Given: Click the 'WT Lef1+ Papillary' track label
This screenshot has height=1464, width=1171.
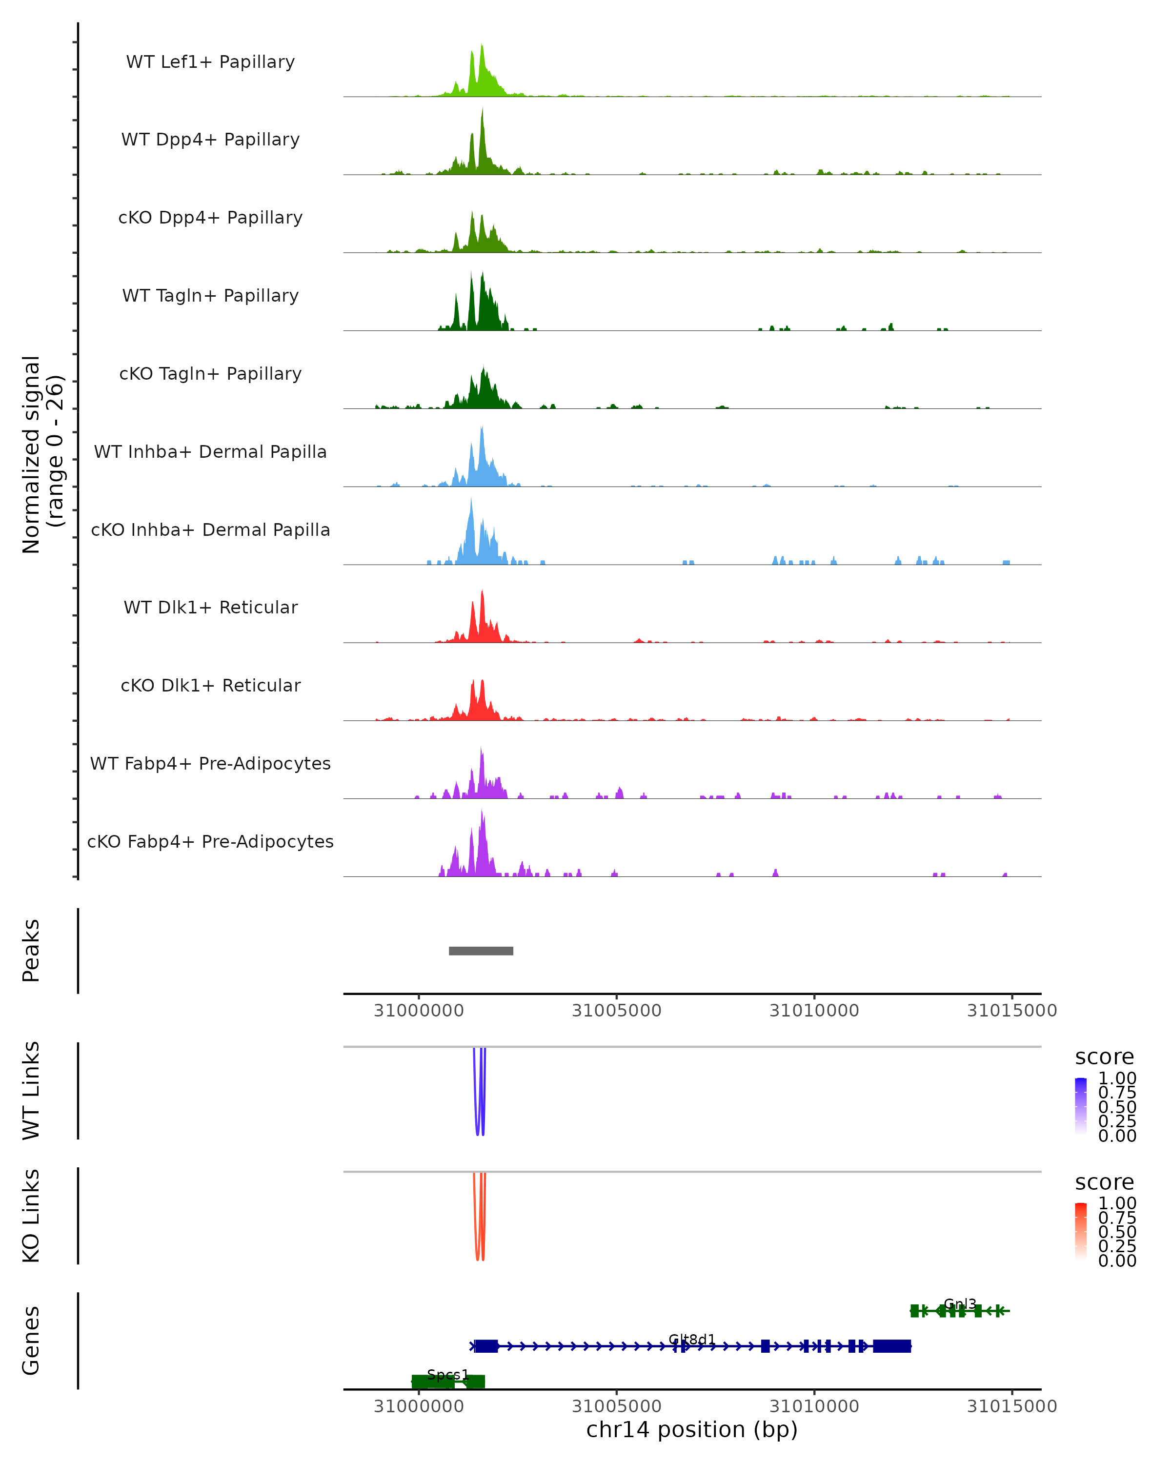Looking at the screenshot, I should pyautogui.click(x=210, y=62).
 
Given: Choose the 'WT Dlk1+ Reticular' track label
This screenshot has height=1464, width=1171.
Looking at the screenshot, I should pyautogui.click(x=210, y=607).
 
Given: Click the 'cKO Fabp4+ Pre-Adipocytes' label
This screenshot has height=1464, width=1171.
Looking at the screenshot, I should pyautogui.click(x=210, y=841).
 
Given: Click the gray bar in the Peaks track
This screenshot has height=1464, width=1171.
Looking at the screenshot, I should pyautogui.click(x=481, y=951).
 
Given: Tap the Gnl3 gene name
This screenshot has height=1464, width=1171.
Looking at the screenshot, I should pyautogui.click(x=960, y=1304).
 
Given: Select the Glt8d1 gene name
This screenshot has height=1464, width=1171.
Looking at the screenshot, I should pyautogui.click(x=692, y=1339).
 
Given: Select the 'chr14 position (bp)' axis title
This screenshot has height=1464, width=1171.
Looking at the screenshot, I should pyautogui.click(x=692, y=1429).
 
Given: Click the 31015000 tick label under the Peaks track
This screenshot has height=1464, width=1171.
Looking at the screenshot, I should pyautogui.click(x=1011, y=1011).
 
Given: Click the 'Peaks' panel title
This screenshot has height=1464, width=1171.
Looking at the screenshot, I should pyautogui.click(x=31, y=950).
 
